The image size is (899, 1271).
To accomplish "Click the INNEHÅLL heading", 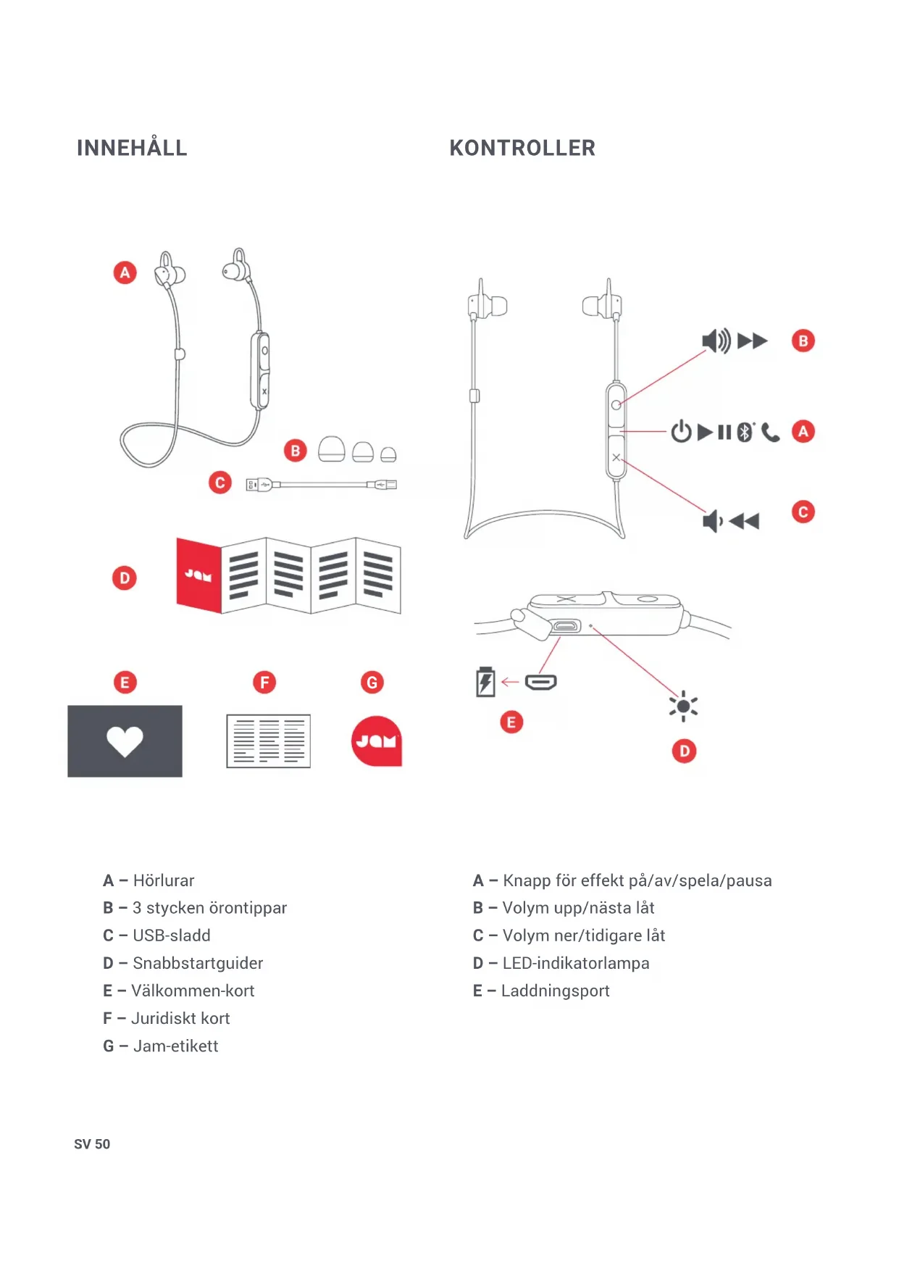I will click(x=132, y=148).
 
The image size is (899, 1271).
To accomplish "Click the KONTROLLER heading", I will click(x=522, y=148).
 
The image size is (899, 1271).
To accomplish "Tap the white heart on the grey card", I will click(x=125, y=741).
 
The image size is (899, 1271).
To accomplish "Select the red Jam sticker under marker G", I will click(x=377, y=741).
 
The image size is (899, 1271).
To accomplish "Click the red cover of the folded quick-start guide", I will click(x=198, y=575).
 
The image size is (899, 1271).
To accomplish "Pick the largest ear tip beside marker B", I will click(x=332, y=449).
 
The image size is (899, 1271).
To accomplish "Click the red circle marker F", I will click(x=264, y=683).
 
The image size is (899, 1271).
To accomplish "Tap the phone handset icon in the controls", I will click(x=770, y=433).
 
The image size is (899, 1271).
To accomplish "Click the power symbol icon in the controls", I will click(x=681, y=432).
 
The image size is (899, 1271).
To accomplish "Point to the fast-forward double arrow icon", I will click(x=752, y=341).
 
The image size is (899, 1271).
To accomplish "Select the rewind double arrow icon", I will click(x=744, y=521).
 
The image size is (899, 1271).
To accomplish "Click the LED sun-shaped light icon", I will click(x=683, y=706).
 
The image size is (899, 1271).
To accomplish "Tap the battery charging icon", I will click(x=485, y=682).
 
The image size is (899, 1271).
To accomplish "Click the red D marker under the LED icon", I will click(x=684, y=751).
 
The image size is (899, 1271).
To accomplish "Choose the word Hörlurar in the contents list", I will click(x=164, y=880).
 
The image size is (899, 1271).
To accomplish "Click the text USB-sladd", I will click(x=172, y=935).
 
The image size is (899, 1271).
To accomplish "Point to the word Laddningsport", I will click(x=555, y=991).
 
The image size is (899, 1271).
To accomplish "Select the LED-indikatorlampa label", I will click(x=576, y=963).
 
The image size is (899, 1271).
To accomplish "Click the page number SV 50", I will click(x=92, y=1144).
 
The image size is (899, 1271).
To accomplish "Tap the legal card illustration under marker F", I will click(x=268, y=741).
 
